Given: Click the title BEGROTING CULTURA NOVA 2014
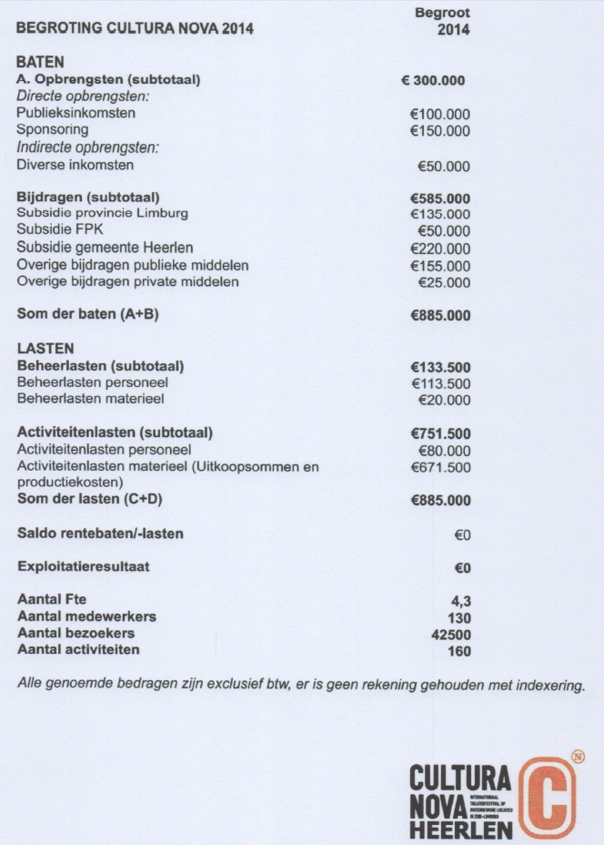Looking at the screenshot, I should [x=135, y=28].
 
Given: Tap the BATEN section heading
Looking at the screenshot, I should [x=40, y=63].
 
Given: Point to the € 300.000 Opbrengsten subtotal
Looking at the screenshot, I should [x=433, y=80].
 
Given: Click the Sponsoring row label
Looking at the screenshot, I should [x=53, y=130].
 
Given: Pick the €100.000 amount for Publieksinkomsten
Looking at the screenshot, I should [x=440, y=114].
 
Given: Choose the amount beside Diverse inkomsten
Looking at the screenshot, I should [x=444, y=166].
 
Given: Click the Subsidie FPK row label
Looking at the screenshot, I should [x=61, y=230].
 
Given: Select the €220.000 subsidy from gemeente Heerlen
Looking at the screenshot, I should [x=440, y=249].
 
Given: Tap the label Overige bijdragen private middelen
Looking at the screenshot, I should [x=128, y=282].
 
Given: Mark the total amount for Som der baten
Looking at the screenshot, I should [x=440, y=316].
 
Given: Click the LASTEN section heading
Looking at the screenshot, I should [x=45, y=349].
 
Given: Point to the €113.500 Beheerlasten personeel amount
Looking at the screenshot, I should [x=440, y=383].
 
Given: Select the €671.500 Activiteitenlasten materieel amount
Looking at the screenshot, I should [x=440, y=467].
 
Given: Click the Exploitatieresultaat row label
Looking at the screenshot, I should [x=84, y=567].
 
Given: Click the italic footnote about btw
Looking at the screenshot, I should [x=300, y=684].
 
